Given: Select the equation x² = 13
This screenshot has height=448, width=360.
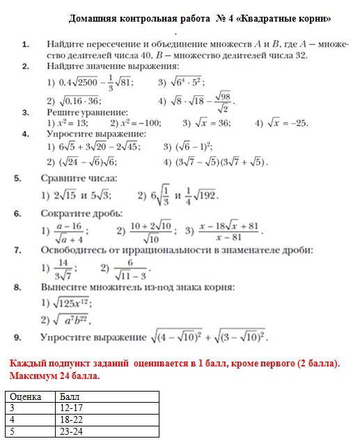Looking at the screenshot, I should [x=72, y=123].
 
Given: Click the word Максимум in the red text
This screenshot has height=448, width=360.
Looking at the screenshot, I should [x=34, y=376].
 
